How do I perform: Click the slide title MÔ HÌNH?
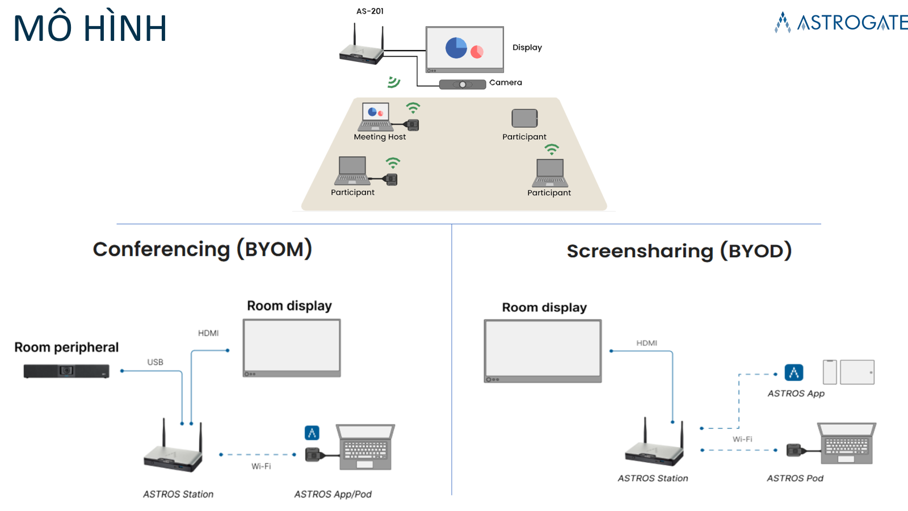click(x=90, y=28)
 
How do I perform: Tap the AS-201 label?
click(x=370, y=11)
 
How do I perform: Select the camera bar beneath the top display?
click(x=463, y=85)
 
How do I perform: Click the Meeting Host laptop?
click(x=375, y=116)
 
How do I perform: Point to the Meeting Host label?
click(x=380, y=137)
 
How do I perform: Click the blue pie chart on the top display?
click(x=456, y=48)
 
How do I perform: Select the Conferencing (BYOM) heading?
click(x=203, y=249)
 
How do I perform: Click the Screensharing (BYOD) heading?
click(x=679, y=251)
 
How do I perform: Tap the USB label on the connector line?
click(x=155, y=362)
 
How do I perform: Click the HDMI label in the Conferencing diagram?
click(x=208, y=333)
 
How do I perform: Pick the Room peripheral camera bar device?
click(x=66, y=371)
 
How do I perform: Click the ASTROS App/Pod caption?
click(x=333, y=495)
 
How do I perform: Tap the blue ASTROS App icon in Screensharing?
click(x=794, y=372)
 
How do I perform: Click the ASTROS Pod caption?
click(x=794, y=479)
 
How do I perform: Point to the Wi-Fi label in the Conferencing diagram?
click(x=261, y=466)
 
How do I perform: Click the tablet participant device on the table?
click(x=524, y=118)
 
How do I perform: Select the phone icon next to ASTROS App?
click(x=830, y=372)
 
